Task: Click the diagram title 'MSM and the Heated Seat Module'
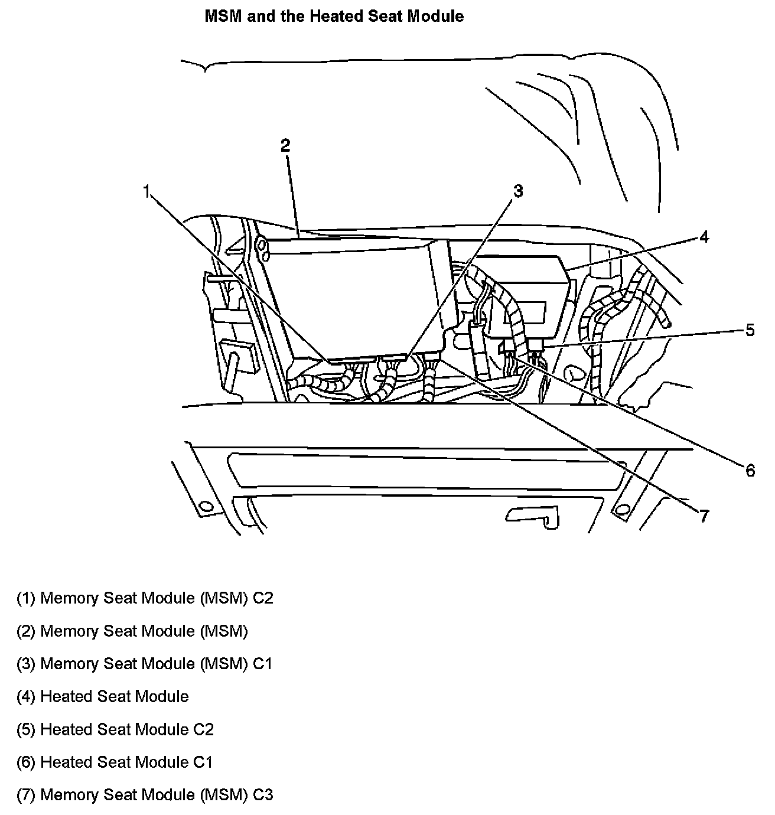click(x=334, y=17)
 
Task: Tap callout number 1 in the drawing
click(x=147, y=191)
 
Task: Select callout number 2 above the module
click(x=286, y=145)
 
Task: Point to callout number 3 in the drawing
click(x=517, y=191)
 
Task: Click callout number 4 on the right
click(x=704, y=237)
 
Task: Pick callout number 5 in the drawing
click(x=750, y=330)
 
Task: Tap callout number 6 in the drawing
click(x=750, y=470)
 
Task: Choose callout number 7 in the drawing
click(x=703, y=516)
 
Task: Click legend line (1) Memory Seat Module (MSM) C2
click(x=145, y=598)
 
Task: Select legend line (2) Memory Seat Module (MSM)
click(x=132, y=631)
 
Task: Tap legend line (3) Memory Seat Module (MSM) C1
click(x=145, y=664)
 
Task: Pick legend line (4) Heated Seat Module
click(x=102, y=697)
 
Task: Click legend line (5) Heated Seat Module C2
click(x=115, y=730)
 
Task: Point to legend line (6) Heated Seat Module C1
click(x=114, y=762)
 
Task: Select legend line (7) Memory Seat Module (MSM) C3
click(x=145, y=795)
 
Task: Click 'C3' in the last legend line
click(x=263, y=795)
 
